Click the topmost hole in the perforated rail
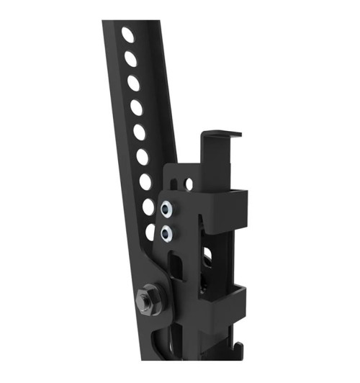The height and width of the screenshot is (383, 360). tap(127, 35)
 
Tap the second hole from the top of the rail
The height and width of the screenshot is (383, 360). tap(130, 58)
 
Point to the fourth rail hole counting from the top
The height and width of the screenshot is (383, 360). tap(137, 107)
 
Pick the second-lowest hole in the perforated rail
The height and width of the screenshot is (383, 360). tap(148, 207)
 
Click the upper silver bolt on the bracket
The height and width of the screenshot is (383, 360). tap(166, 209)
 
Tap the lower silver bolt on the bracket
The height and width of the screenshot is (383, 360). tap(167, 232)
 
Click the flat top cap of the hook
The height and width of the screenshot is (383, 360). tap(221, 135)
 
